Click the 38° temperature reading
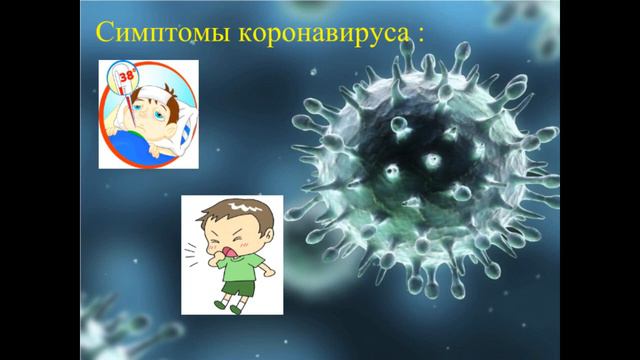(128, 73)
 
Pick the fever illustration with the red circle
(148, 112)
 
